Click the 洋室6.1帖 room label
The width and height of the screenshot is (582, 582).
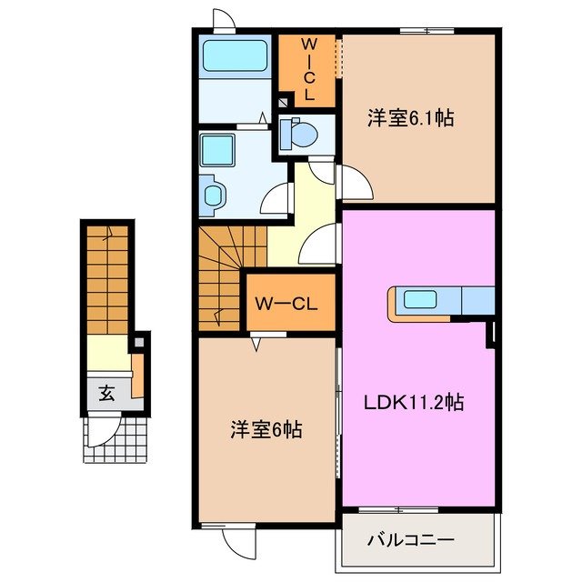(411, 117)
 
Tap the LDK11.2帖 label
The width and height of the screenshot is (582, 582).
(415, 401)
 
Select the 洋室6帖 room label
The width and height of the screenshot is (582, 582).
(265, 429)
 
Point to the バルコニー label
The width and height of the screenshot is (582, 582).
(410, 539)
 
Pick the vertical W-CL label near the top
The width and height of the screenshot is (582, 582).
(307, 68)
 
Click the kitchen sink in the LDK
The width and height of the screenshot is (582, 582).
(420, 298)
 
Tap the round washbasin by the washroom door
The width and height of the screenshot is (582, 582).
(214, 193)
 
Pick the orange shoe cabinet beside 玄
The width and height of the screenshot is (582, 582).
(137, 376)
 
